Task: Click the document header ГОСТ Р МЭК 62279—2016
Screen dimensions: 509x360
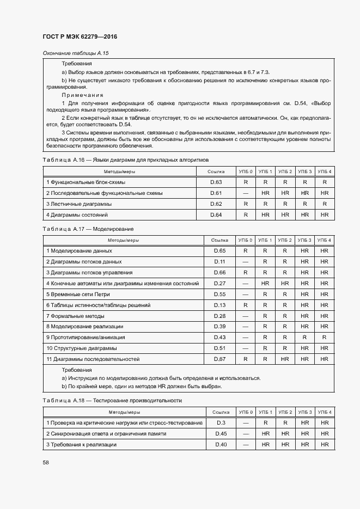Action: tap(80, 36)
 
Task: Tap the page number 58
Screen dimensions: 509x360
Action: tap(46, 462)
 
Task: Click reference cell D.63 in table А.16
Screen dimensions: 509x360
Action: tap(216, 182)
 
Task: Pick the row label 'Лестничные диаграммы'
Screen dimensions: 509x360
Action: tap(80, 204)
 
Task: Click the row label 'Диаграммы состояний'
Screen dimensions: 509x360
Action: tap(78, 215)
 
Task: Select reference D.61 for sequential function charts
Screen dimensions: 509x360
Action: tap(216, 193)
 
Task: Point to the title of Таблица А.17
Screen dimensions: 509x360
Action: tap(88, 229)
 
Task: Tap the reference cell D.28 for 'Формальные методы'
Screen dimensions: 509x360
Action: tap(219, 316)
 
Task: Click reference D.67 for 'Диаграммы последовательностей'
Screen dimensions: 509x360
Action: tap(219, 359)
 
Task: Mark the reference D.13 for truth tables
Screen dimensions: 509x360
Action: tap(219, 305)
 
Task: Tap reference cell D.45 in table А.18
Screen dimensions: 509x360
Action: tap(221, 434)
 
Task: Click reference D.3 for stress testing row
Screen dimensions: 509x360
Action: tap(221, 423)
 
